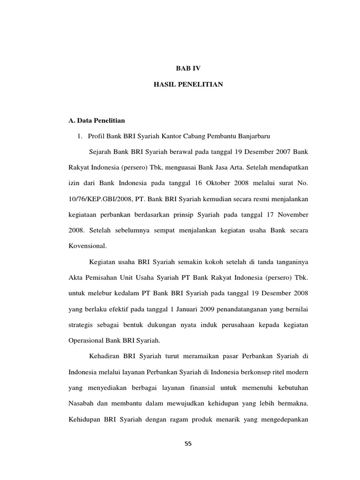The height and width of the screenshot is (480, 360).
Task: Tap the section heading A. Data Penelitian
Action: (x=97, y=120)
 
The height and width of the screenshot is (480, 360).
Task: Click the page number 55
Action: (x=188, y=445)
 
